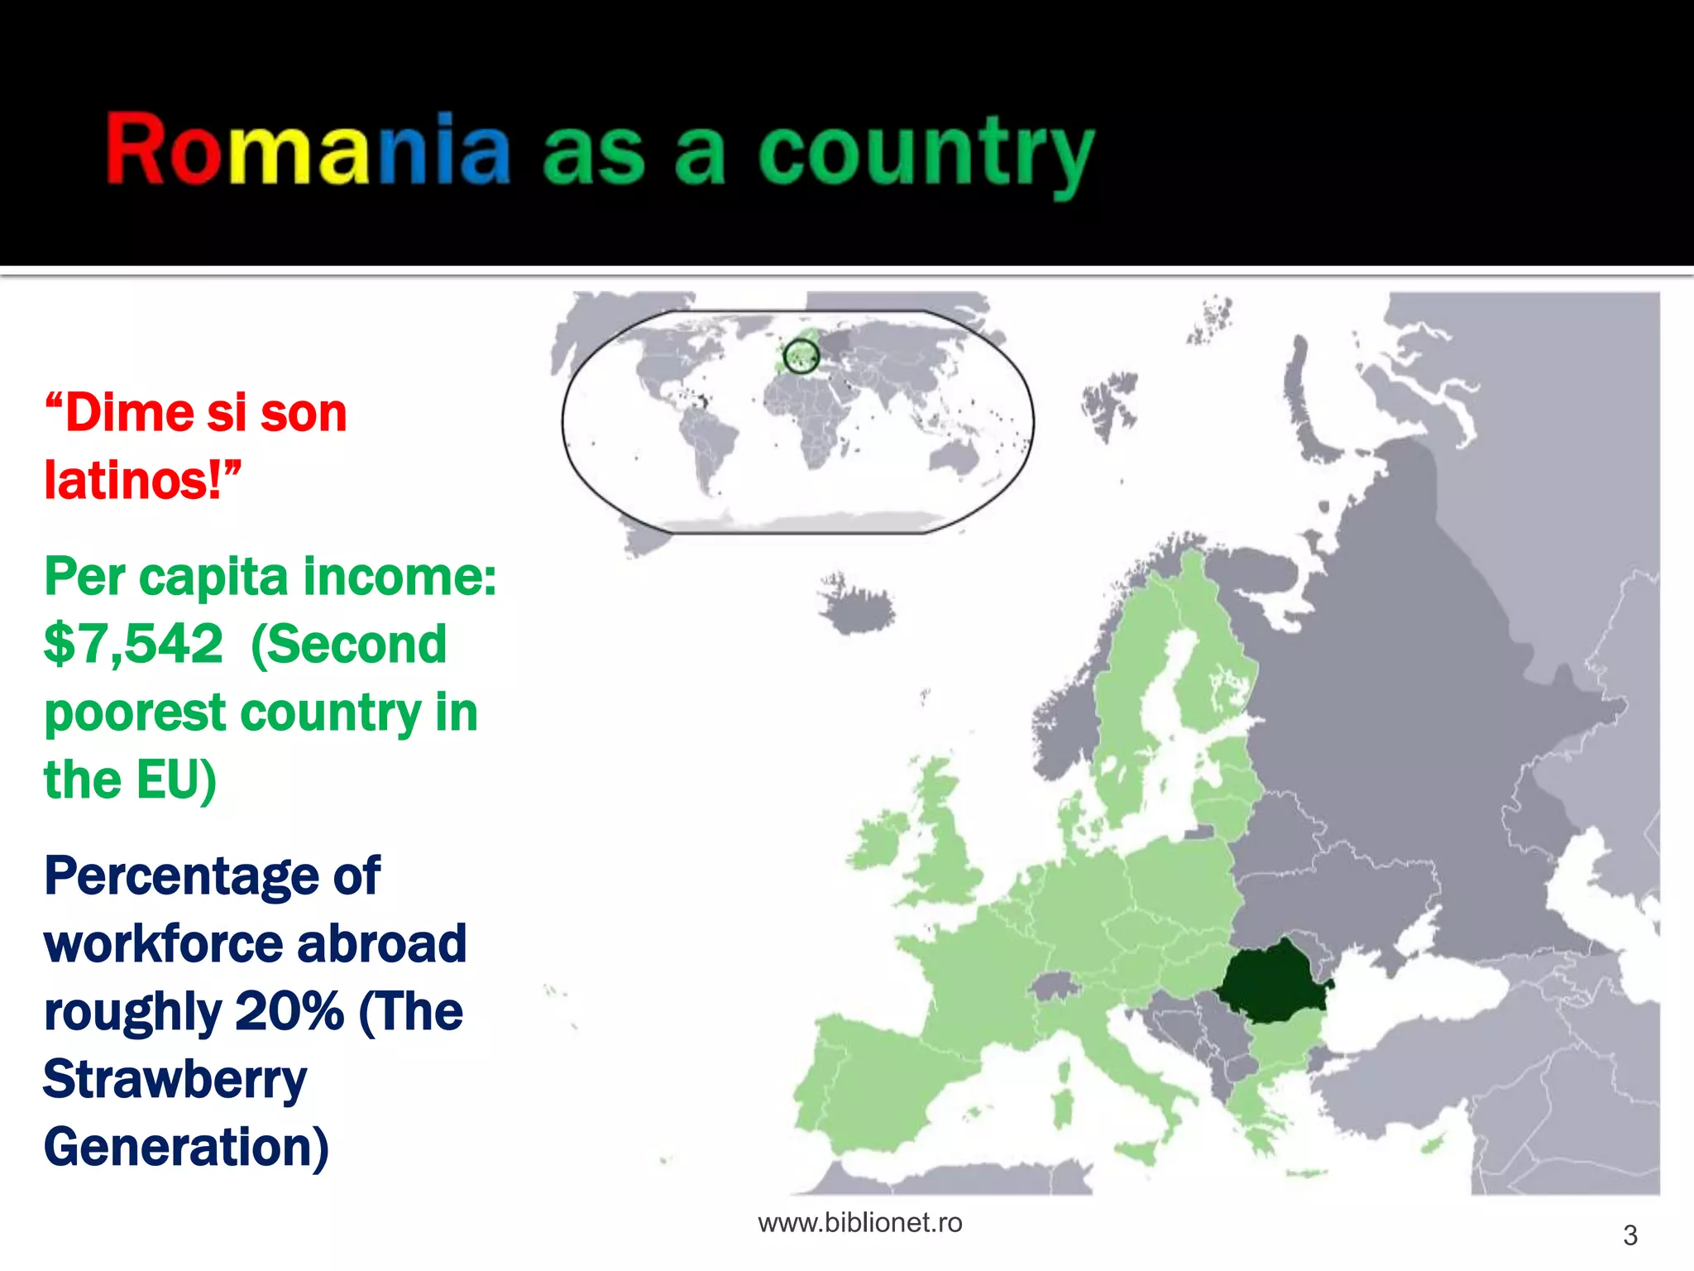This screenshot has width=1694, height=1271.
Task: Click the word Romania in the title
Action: pyautogui.click(x=308, y=149)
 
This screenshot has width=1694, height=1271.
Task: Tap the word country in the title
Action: pyautogui.click(x=926, y=153)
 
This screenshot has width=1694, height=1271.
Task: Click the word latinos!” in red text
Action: pyautogui.click(x=142, y=480)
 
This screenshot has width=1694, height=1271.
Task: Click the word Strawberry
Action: pyautogui.click(x=175, y=1080)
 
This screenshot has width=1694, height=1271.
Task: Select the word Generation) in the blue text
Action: pyautogui.click(x=186, y=1148)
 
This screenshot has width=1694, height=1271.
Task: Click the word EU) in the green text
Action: pyautogui.click(x=176, y=780)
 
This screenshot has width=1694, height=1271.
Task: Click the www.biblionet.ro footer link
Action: pyautogui.click(x=860, y=1223)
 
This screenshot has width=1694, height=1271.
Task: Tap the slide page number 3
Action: pyautogui.click(x=1629, y=1235)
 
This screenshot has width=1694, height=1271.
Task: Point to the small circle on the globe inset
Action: pyautogui.click(x=801, y=357)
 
